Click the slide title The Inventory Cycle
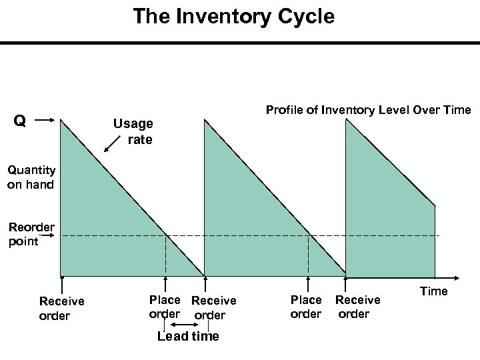click(x=233, y=16)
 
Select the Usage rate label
click(x=133, y=131)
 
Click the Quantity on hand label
click(x=31, y=177)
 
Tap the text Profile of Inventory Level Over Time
click(x=368, y=110)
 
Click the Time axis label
click(x=433, y=291)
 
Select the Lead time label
click(x=187, y=336)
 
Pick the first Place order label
click(x=164, y=307)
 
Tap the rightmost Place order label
click(x=306, y=307)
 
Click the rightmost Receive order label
click(x=357, y=307)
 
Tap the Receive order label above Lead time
click(x=213, y=307)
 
